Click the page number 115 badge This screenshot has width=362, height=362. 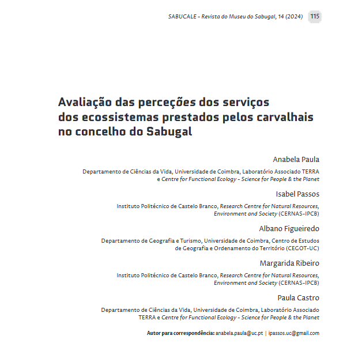click(314, 16)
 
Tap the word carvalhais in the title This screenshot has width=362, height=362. click(285, 117)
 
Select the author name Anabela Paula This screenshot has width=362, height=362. click(296, 159)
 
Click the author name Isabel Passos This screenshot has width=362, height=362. click(297, 194)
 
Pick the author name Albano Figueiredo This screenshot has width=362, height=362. click(289, 228)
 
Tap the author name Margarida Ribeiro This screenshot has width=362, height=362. click(289, 263)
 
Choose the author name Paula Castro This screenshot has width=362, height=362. click(298, 297)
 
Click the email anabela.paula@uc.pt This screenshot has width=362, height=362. click(239, 333)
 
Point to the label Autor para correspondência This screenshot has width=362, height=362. click(180, 333)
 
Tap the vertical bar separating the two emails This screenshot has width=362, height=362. click(266, 333)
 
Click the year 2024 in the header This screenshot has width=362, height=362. click(295, 17)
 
